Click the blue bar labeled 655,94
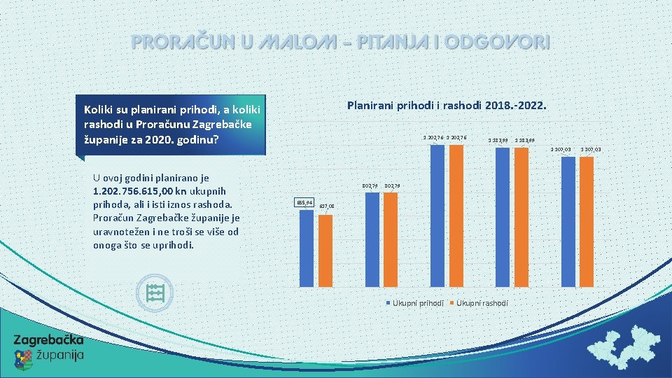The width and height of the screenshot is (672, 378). [x=306, y=248]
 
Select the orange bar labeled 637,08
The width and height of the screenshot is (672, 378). [x=325, y=250]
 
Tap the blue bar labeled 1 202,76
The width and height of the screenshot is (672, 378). [x=437, y=215]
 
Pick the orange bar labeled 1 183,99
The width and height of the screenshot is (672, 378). [x=521, y=217]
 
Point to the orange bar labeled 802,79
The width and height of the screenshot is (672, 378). [x=390, y=239]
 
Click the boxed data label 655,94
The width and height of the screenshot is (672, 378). [x=304, y=202]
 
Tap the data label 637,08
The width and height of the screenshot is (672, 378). [x=327, y=206]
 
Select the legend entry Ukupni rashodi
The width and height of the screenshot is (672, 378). [x=482, y=302]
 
